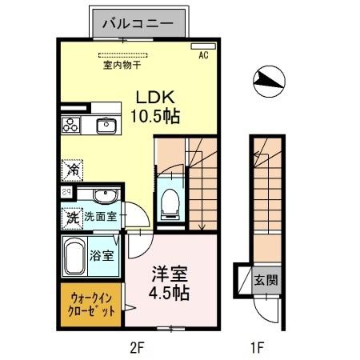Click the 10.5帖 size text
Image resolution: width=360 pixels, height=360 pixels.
tap(156, 116)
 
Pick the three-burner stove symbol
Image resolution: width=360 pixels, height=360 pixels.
tap(71, 125)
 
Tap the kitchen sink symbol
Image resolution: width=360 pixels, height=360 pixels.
tap(106, 125)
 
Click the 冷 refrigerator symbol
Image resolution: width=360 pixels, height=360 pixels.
tap(73, 169)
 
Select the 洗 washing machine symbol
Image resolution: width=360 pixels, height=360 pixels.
tap(72, 216)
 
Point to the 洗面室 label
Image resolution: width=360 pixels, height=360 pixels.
tap(101, 216)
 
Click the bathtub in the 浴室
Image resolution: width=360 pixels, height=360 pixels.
tap(74, 258)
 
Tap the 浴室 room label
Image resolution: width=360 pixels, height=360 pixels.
tap(102, 257)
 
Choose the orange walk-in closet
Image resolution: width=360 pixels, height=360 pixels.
tap(89, 303)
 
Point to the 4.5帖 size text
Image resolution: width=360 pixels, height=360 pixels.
tap(170, 293)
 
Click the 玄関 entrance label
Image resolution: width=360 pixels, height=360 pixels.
tap(266, 280)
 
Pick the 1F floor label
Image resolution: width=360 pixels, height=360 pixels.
tap(256, 348)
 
